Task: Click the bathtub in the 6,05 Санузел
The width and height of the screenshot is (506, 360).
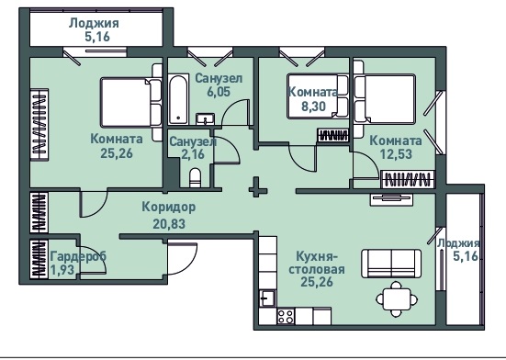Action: [x=178, y=99]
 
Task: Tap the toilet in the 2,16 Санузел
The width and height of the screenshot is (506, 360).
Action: [x=195, y=178]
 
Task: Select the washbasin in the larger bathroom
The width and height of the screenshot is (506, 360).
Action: [x=205, y=118]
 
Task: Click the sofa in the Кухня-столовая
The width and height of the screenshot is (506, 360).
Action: [x=391, y=264]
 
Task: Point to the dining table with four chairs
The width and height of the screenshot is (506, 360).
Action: [x=397, y=299]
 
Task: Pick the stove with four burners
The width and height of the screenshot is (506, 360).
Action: [x=286, y=317]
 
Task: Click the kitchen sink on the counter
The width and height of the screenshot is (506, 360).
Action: [x=267, y=298]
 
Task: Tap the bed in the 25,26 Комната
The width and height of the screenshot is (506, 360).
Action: [x=130, y=102]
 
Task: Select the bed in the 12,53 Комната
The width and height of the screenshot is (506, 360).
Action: [x=385, y=98]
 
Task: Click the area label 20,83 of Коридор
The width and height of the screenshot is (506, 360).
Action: [x=169, y=223]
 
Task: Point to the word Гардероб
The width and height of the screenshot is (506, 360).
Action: [x=79, y=256]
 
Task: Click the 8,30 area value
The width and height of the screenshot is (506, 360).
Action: [x=314, y=106]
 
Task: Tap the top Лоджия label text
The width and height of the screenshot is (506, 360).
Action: [x=95, y=23]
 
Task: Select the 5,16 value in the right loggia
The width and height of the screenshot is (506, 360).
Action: [x=466, y=256]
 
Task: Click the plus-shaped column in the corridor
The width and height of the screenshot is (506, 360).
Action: [x=258, y=186]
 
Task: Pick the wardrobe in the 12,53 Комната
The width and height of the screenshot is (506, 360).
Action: [x=408, y=179]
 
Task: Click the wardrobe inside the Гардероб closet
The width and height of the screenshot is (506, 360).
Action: [x=39, y=259]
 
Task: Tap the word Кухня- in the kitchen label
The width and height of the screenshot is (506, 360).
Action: [x=317, y=257]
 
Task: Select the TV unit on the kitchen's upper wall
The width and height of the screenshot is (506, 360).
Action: [x=391, y=199]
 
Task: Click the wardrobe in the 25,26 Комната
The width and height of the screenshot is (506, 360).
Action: [x=39, y=125]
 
